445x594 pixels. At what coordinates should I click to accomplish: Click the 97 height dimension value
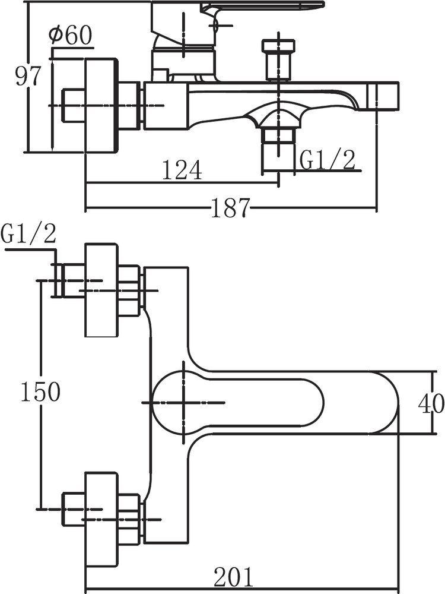click(x=27, y=77)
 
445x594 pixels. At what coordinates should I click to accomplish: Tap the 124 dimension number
click(x=182, y=171)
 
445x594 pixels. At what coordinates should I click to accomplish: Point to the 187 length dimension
click(x=230, y=208)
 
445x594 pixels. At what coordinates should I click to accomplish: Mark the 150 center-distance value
click(x=40, y=392)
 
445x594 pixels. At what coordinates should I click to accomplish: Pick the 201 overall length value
click(x=233, y=577)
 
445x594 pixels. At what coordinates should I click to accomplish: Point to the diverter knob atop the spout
click(x=279, y=58)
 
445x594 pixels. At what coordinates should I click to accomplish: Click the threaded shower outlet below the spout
click(x=279, y=143)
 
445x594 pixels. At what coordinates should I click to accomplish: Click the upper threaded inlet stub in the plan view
click(x=68, y=279)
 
